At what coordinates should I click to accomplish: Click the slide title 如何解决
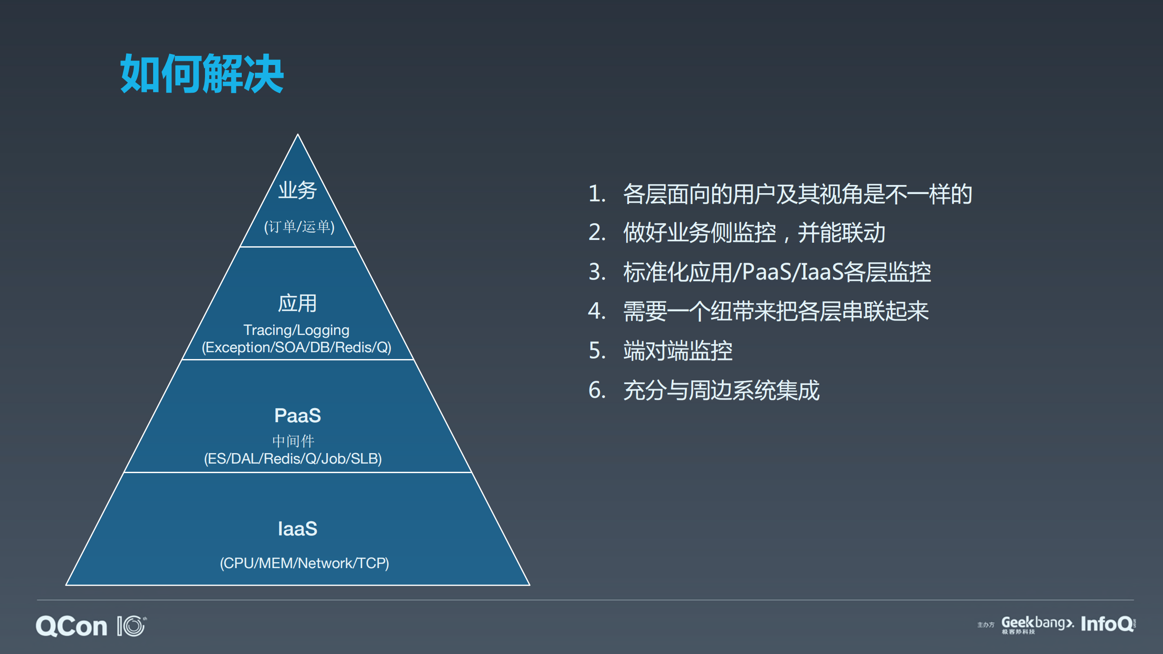202,74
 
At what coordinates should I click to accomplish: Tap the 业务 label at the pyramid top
298,190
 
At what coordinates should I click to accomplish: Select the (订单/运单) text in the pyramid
299,226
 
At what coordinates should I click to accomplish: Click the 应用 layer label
297,303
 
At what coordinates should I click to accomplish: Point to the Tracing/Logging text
296,330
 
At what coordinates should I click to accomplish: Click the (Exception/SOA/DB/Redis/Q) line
296,347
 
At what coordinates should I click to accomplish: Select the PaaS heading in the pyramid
298,415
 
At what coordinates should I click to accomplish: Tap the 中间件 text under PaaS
293,440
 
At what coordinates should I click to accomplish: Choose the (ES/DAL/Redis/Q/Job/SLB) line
293,459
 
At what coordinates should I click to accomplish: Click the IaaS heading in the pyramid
298,529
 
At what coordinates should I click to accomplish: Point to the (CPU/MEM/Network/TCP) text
304,563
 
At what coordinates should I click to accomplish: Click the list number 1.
597,194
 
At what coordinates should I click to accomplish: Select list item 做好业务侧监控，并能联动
754,233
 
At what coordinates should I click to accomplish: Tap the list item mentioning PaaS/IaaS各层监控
777,272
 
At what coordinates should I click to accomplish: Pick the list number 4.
597,311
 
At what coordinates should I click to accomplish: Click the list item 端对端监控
678,351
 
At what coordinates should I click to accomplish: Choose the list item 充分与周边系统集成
721,390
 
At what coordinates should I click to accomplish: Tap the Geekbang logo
1037,624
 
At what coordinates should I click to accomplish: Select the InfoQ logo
1108,624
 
